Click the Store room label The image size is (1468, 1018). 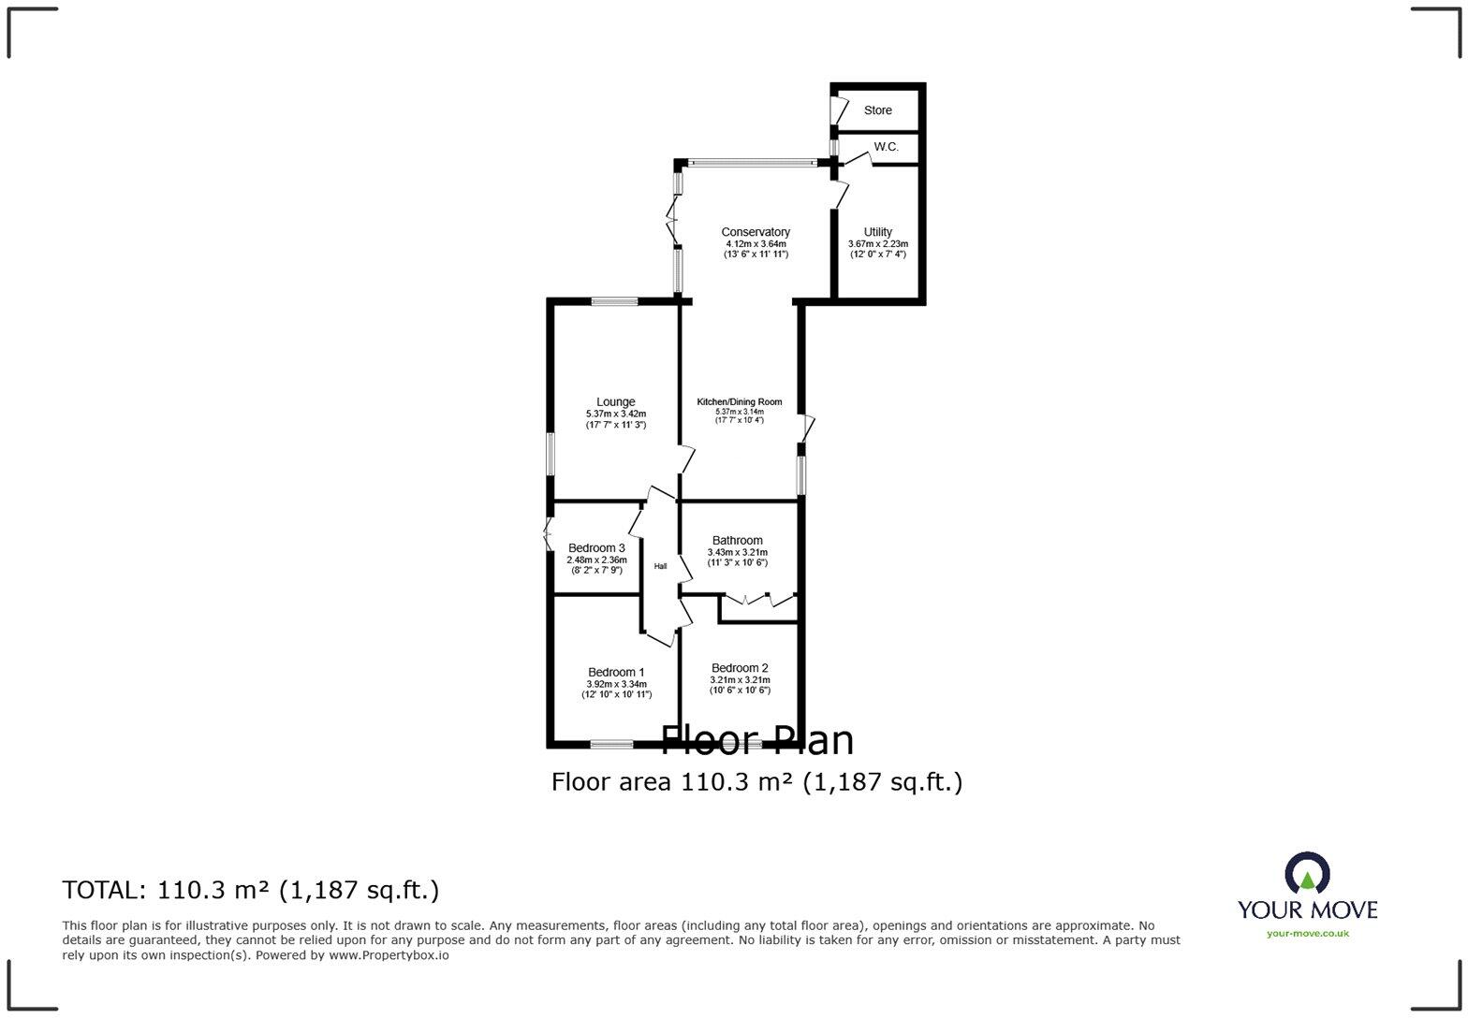877,110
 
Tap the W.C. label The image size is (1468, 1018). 886,147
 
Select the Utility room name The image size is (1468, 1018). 877,232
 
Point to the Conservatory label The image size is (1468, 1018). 755,232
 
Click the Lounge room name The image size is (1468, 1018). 615,402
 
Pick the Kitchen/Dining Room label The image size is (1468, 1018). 739,402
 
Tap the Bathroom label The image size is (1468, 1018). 737,541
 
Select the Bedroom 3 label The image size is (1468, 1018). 596,548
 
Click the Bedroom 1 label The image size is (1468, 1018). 615,672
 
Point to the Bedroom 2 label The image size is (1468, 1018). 739,668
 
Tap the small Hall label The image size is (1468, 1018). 660,566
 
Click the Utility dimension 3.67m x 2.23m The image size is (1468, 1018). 877,244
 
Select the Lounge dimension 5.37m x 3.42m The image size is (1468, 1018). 615,414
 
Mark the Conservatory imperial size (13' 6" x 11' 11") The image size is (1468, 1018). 755,254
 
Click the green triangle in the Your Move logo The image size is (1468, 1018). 1307,880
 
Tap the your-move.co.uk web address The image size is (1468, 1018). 1307,933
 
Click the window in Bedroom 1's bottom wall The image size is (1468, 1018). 611,745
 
